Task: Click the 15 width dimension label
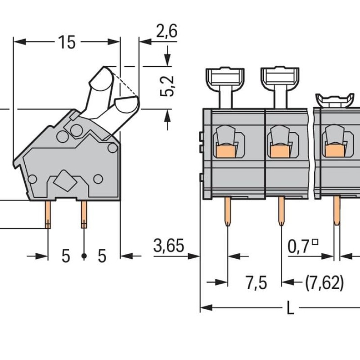(67, 42)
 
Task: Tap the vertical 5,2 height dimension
(167, 86)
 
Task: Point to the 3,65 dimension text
(169, 245)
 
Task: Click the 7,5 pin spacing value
(256, 283)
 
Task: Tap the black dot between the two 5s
(84, 256)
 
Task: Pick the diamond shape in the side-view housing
(65, 180)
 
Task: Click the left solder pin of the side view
(48, 215)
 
